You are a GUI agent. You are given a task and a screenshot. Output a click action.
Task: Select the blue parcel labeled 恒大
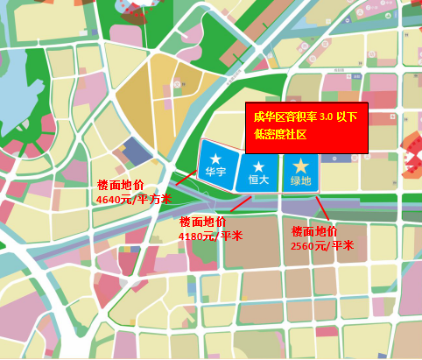(257, 172)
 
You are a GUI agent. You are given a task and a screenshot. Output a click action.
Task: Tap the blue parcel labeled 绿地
(300, 173)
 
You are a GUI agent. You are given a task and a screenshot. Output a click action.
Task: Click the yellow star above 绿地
(300, 166)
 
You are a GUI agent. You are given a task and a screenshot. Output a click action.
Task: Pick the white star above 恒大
(257, 165)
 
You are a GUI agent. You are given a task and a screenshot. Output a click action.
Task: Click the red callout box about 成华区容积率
(306, 127)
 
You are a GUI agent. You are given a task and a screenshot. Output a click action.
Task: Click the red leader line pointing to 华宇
(186, 178)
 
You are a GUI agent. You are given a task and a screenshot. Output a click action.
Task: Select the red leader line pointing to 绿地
(321, 208)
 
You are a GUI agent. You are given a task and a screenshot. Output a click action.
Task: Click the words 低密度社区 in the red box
(280, 135)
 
